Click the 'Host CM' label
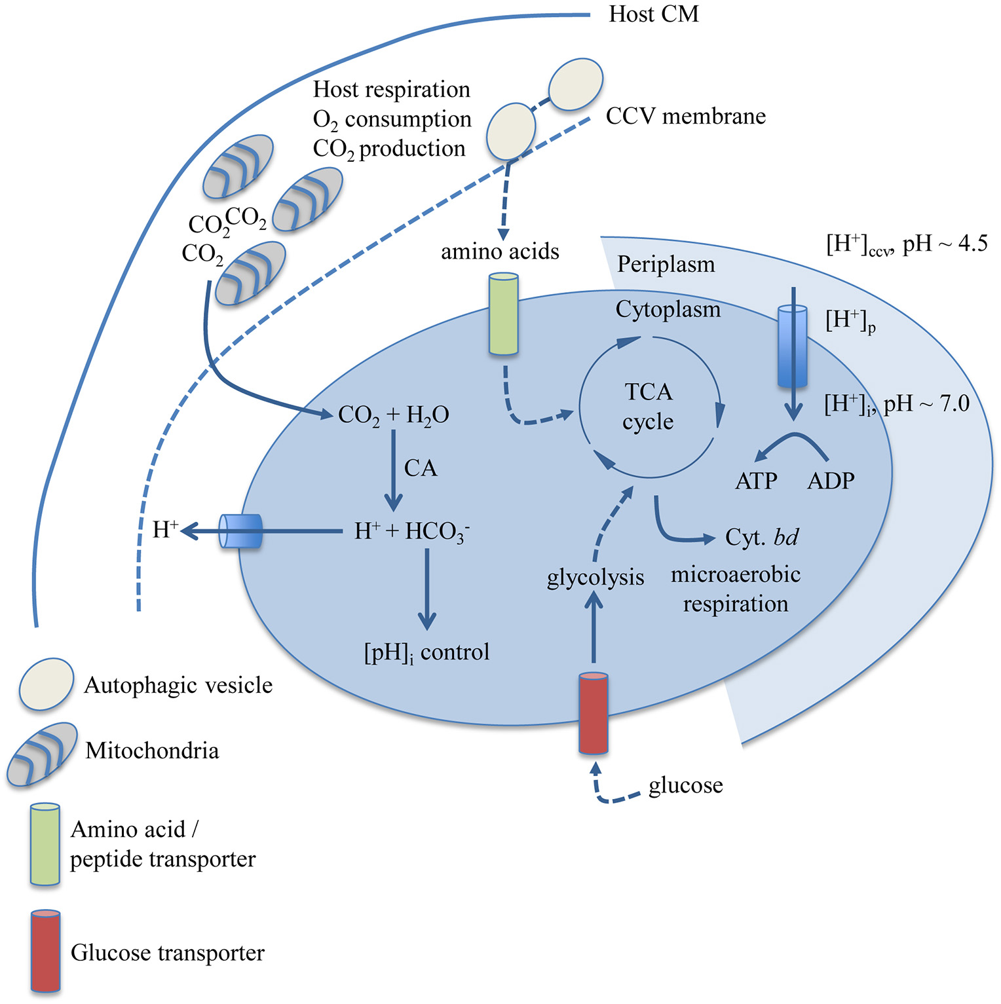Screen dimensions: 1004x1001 coord(653,14)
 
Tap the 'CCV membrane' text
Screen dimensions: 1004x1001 coord(685,117)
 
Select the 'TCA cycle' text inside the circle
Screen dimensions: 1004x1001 coord(648,407)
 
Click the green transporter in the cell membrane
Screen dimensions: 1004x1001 coord(504,314)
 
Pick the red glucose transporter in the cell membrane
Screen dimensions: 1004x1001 coord(594,713)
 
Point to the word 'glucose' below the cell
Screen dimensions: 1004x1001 coord(685,785)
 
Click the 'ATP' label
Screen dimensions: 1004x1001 coord(756,481)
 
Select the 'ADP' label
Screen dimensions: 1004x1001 coord(831,481)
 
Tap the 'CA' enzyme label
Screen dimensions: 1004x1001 coord(421,468)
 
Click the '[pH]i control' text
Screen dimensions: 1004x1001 coord(426,653)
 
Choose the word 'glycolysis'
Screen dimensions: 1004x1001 coord(595,578)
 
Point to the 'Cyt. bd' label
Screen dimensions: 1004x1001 coord(761,538)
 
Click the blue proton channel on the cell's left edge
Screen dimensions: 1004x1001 coord(240,530)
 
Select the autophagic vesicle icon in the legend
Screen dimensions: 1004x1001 coord(47,684)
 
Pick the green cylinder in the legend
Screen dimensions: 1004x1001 coord(45,844)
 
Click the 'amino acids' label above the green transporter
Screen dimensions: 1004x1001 coord(499,251)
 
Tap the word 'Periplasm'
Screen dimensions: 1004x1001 coord(666,265)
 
